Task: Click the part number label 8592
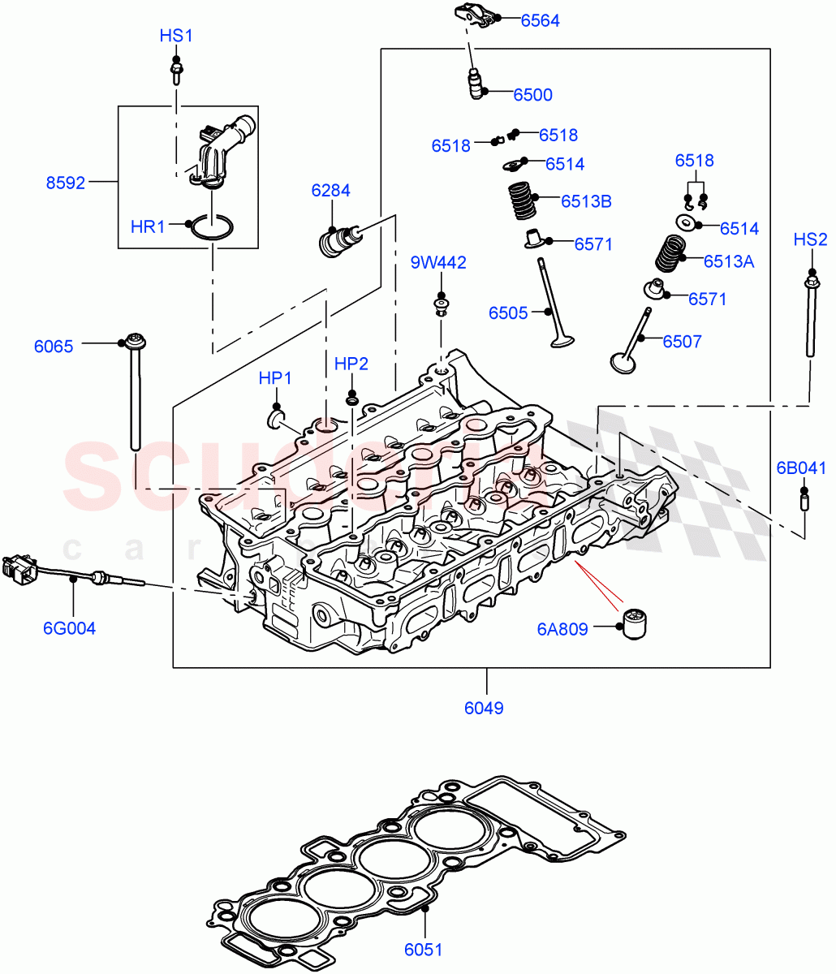65,183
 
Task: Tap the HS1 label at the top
175,36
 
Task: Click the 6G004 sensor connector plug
19,570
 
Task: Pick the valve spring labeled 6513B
522,200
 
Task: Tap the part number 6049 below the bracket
484,708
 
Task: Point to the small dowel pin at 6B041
804,502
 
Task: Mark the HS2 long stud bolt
811,317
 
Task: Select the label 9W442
437,263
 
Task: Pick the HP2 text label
351,364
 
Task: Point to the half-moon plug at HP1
278,418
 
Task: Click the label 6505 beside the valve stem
508,312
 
